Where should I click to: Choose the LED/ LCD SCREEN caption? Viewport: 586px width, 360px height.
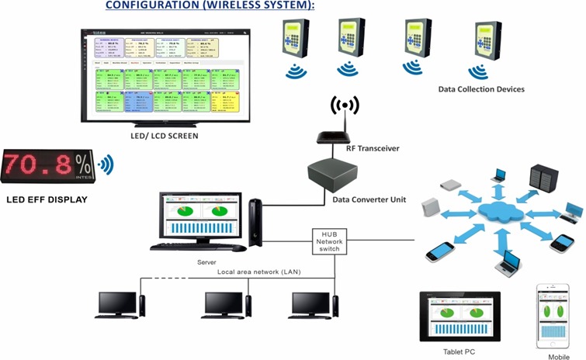(x=165, y=137)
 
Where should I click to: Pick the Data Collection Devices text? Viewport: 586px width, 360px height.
(x=481, y=89)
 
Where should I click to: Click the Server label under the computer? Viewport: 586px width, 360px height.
(x=206, y=263)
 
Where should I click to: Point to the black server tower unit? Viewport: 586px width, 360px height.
(x=256, y=222)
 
